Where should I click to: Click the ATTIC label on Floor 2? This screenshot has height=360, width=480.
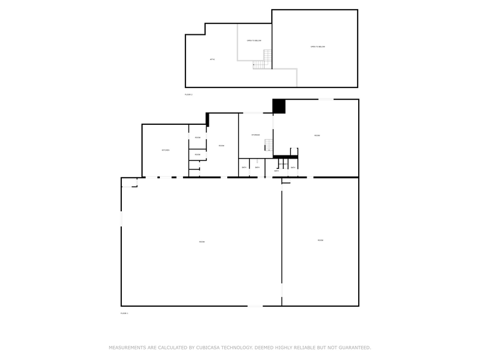tap(212, 59)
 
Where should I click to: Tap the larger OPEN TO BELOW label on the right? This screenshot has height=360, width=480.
tap(317, 47)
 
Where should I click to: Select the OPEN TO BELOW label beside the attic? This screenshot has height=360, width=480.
tap(254, 40)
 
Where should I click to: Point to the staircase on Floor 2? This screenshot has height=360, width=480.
tap(263, 61)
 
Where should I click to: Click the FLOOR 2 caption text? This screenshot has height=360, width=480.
tap(189, 95)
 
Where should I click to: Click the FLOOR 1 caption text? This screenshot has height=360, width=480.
tap(124, 313)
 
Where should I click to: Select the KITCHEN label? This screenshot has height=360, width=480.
tap(165, 150)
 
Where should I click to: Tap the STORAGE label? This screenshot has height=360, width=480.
tap(256, 135)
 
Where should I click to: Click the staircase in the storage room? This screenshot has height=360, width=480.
tap(268, 146)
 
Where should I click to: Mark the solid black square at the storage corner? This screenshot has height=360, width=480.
tap(279, 106)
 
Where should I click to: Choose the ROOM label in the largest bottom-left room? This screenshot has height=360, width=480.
tap(201, 242)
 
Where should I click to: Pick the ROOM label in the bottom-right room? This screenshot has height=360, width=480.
tap(320, 241)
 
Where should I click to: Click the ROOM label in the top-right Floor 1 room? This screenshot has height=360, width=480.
tap(317, 135)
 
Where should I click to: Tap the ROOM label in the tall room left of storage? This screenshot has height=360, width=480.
tap(221, 146)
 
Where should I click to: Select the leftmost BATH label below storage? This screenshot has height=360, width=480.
tap(244, 168)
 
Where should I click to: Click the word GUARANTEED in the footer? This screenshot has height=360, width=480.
tap(352, 347)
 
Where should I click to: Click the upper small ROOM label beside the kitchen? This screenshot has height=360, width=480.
tap(198, 138)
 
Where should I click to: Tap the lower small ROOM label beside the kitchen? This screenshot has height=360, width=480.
tap(198, 155)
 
